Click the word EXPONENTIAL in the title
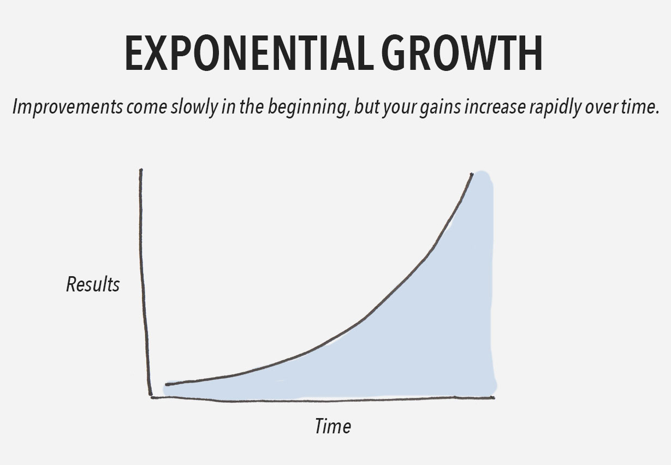pos(249,53)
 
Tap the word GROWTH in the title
pos(462,53)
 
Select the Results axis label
pos(93,284)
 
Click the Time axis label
pos(333,426)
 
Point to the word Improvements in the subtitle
pos(68,107)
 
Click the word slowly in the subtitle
pos(194,107)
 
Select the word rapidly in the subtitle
pos(555,107)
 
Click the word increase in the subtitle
pos(495,107)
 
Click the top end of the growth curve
pos(472,174)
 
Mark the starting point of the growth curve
pos(167,385)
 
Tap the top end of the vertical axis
pos(141,170)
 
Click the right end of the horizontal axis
pos(494,398)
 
